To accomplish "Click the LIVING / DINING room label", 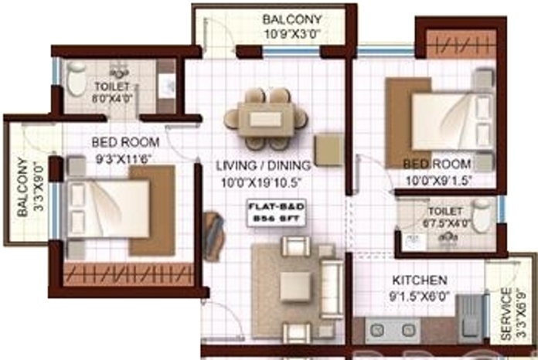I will pos(263,165).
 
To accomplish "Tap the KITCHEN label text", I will pos(419,280).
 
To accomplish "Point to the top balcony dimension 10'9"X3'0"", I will pos(292,34).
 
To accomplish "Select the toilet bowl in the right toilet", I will pos(482,216).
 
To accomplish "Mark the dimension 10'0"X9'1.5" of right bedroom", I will pos(438,180).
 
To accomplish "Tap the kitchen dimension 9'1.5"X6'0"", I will pos(419,296).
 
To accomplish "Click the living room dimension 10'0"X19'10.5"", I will pos(263,182).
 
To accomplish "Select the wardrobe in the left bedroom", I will pos(128,273).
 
